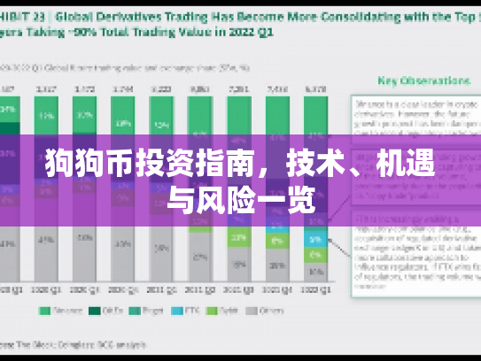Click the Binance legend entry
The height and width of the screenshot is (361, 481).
click(55, 311)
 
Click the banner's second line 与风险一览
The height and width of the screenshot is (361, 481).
click(240, 201)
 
